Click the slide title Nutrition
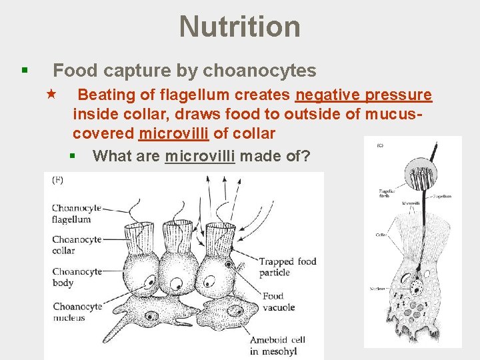(x=239, y=27)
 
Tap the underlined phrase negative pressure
(x=363, y=95)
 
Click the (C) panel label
(x=380, y=145)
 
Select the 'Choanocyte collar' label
(x=75, y=245)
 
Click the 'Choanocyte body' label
(x=75, y=277)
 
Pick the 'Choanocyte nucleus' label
(x=75, y=311)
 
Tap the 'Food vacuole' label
(x=278, y=301)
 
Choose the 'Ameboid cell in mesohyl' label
(x=277, y=345)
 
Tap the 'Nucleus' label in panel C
(x=377, y=289)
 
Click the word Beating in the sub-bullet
(x=113, y=95)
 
